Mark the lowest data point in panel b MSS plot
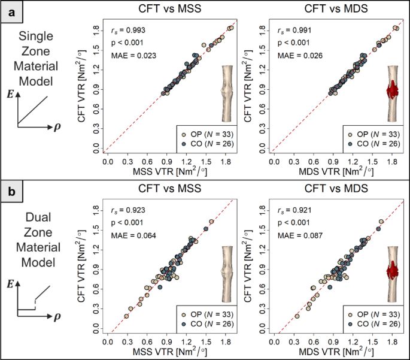(x=126, y=316)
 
